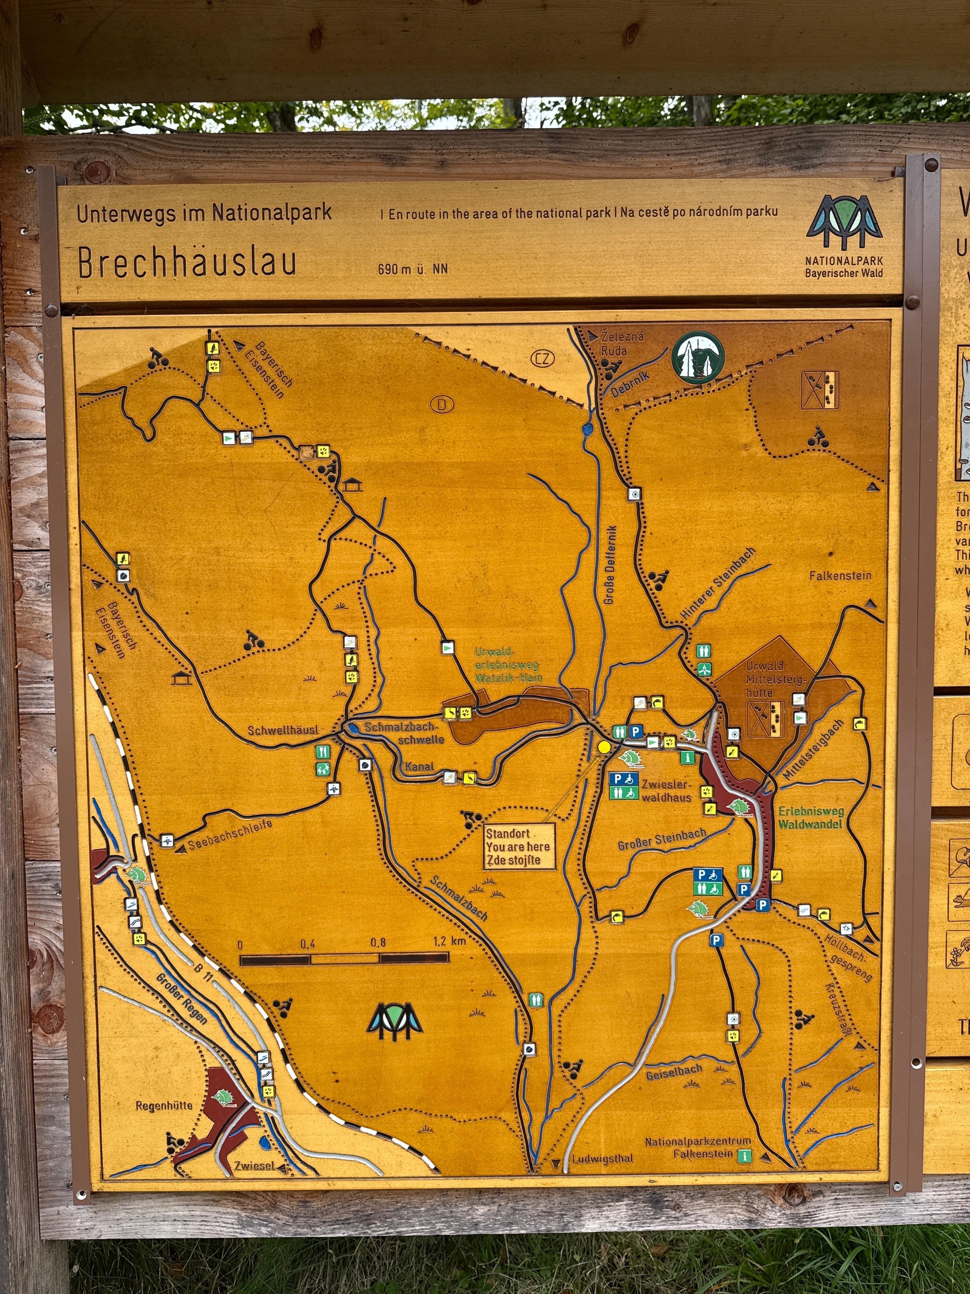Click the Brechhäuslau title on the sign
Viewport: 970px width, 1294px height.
(x=187, y=263)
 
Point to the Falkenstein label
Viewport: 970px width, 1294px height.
(x=840, y=576)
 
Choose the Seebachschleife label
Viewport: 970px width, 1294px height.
(x=230, y=835)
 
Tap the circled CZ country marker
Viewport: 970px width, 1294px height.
(x=543, y=358)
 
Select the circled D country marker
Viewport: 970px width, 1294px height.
(x=442, y=404)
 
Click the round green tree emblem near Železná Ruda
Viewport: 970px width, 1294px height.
(x=698, y=357)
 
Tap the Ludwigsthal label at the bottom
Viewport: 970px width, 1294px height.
(x=602, y=1158)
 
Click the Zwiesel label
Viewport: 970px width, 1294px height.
(x=254, y=1165)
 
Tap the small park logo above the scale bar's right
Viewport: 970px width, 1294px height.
(x=394, y=1021)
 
